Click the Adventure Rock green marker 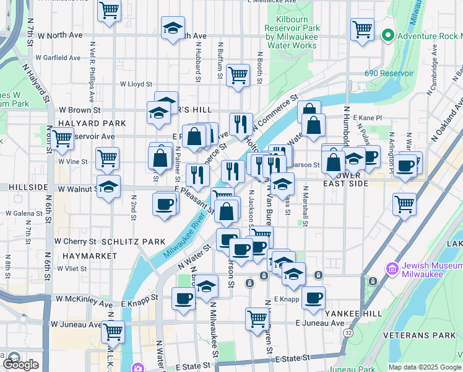pos(388,34)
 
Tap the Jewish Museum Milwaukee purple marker pos(391,269)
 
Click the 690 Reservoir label pos(389,73)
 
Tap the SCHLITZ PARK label pos(133,242)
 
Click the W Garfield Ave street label pos(58,58)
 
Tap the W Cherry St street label pos(75,241)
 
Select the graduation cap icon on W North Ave pos(173,29)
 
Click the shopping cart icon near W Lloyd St pos(238,76)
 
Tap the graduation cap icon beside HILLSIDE pos(108,187)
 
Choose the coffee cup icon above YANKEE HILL pos(313,298)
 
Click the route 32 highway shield pos(349,333)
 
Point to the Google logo pos(21,365)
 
